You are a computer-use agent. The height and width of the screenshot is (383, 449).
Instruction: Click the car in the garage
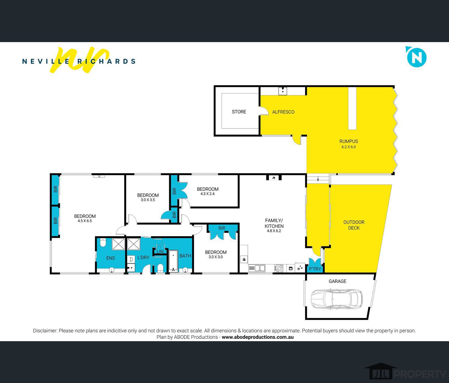coord(336,299)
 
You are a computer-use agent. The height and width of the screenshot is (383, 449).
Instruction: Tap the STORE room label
coord(239,112)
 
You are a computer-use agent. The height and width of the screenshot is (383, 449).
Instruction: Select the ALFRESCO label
coord(283,112)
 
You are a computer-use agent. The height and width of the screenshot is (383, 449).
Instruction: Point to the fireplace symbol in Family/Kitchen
coord(274,178)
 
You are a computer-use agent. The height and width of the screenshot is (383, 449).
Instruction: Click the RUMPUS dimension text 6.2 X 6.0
coord(349,147)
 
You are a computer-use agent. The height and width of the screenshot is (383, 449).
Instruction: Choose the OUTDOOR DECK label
coord(354,225)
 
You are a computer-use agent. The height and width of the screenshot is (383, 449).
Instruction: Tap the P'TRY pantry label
coord(315,269)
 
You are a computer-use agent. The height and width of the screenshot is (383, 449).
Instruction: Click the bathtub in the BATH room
coord(173,261)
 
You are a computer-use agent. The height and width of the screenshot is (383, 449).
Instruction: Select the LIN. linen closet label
coord(160,251)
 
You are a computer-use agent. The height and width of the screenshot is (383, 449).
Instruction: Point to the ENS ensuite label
coord(111,258)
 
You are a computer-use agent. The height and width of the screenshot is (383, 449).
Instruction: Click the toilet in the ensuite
coord(103,242)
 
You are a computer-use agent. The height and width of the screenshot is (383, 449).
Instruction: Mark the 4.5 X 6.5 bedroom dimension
coord(85,221)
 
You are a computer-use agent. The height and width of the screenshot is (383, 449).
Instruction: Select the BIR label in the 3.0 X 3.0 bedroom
coord(222,228)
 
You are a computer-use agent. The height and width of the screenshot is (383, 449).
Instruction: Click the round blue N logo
coord(417,57)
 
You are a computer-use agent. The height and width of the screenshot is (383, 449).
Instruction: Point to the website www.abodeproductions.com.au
coord(258,337)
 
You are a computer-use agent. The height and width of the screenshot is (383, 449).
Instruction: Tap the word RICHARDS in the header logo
coord(106,61)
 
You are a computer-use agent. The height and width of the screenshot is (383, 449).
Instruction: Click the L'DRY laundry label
coord(143,258)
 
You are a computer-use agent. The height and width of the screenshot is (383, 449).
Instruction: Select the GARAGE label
coord(337,281)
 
